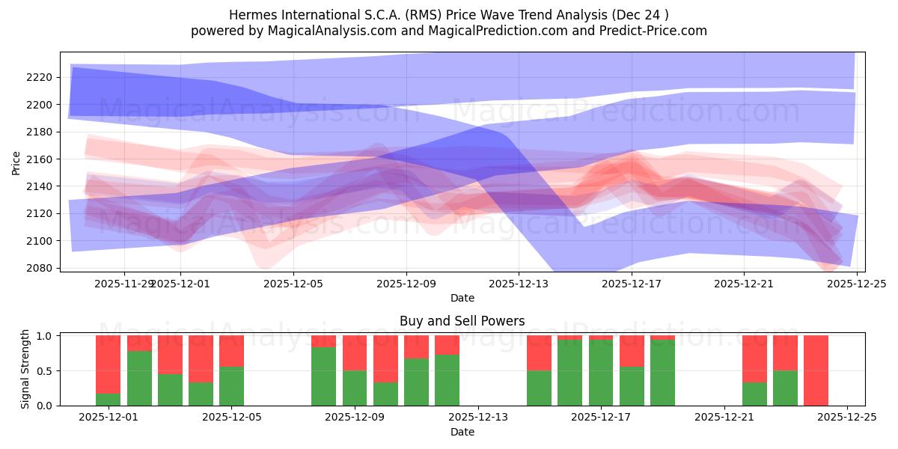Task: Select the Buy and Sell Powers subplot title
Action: click(x=462, y=321)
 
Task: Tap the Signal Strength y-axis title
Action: click(x=25, y=368)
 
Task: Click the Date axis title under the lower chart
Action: click(x=462, y=432)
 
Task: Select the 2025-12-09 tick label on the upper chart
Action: click(x=406, y=284)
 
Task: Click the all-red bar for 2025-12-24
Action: click(x=816, y=370)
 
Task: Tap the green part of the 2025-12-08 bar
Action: click(x=323, y=376)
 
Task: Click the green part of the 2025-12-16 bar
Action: click(x=569, y=373)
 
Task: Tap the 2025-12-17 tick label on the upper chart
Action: click(x=631, y=284)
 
